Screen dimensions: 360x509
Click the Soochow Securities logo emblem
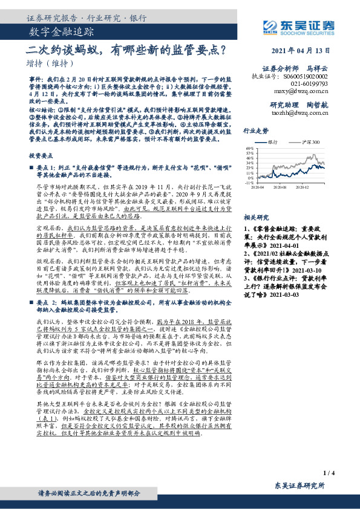pyautogui.click(x=272, y=25)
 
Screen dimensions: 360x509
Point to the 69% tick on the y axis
pyautogui.click(x=249, y=148)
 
